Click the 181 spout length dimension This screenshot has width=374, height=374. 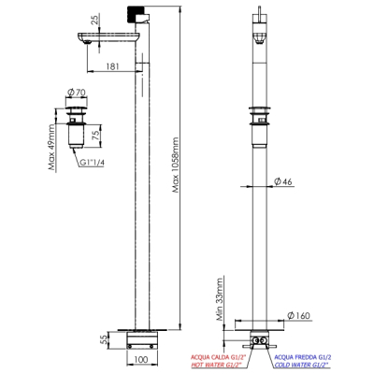pyautogui.click(x=113, y=66)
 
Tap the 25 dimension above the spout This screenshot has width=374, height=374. pyautogui.click(x=95, y=20)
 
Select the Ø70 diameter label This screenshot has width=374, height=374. pyautogui.click(x=77, y=92)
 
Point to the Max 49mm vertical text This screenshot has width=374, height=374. pyautogui.click(x=52, y=147)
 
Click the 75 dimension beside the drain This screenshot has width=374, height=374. pyautogui.click(x=96, y=136)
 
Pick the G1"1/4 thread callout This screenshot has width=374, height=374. pyautogui.click(x=92, y=163)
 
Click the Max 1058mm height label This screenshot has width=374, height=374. pyautogui.click(x=176, y=165)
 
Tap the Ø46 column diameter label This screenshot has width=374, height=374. pyautogui.click(x=283, y=181)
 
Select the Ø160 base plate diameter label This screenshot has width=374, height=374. pyautogui.click(x=299, y=316)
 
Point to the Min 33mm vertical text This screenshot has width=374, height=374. pyautogui.click(x=220, y=300)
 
